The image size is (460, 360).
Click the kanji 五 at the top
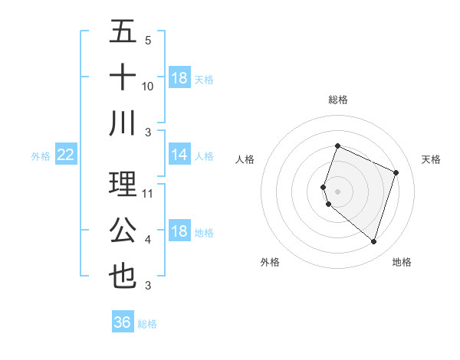(x=123, y=33)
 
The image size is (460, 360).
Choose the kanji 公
(x=123, y=231)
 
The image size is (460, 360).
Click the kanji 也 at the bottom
(x=123, y=276)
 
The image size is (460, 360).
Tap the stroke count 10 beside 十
(x=148, y=87)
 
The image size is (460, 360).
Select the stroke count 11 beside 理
(x=148, y=194)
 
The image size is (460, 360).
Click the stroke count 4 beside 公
(x=148, y=240)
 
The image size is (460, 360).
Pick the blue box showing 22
(x=66, y=155)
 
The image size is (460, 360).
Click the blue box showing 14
(x=179, y=155)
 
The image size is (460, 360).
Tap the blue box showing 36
(x=123, y=322)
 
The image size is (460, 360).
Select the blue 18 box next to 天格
(x=179, y=78)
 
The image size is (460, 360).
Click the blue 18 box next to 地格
(x=179, y=232)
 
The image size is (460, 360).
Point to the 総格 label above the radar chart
(x=338, y=100)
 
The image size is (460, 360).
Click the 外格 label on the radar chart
(x=270, y=262)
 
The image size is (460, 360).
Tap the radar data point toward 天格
(x=396, y=172)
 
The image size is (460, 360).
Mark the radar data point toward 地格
(x=373, y=241)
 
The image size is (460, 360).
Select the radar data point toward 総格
(x=337, y=146)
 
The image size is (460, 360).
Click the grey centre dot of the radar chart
(x=337, y=191)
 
